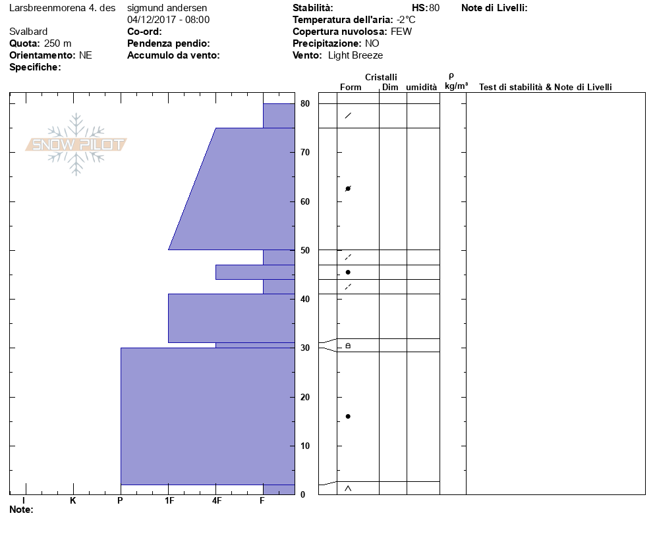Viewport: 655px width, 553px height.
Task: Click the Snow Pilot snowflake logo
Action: click(76, 144)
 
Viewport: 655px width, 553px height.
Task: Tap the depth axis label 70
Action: click(305, 153)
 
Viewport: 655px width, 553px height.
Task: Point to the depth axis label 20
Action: click(305, 398)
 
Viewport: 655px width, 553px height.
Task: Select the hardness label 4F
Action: click(216, 500)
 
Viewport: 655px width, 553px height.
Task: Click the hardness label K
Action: click(72, 500)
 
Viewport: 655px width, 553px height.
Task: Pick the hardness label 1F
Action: click(169, 500)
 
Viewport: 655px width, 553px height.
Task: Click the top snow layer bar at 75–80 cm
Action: click(279, 116)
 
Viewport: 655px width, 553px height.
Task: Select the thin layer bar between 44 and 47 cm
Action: click(255, 272)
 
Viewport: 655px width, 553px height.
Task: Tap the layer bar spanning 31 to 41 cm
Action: click(231, 318)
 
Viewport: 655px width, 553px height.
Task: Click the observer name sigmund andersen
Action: click(167, 8)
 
